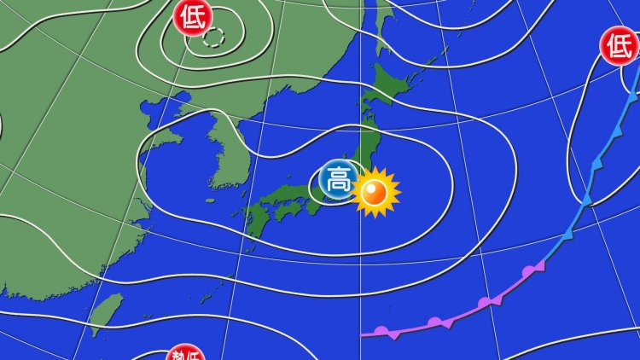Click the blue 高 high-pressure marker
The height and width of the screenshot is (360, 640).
pyautogui.click(x=336, y=180)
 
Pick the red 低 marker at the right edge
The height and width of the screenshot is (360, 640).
pyautogui.click(x=619, y=45)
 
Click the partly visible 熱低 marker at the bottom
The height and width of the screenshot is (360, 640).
pyautogui.click(x=184, y=353)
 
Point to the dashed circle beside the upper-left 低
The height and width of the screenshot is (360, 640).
pyautogui.click(x=215, y=37)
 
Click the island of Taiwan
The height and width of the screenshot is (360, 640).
pyautogui.click(x=106, y=313)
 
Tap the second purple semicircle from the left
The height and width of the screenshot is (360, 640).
pyautogui.click(x=436, y=322)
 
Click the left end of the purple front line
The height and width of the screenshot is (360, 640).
pyautogui.click(x=362, y=334)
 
